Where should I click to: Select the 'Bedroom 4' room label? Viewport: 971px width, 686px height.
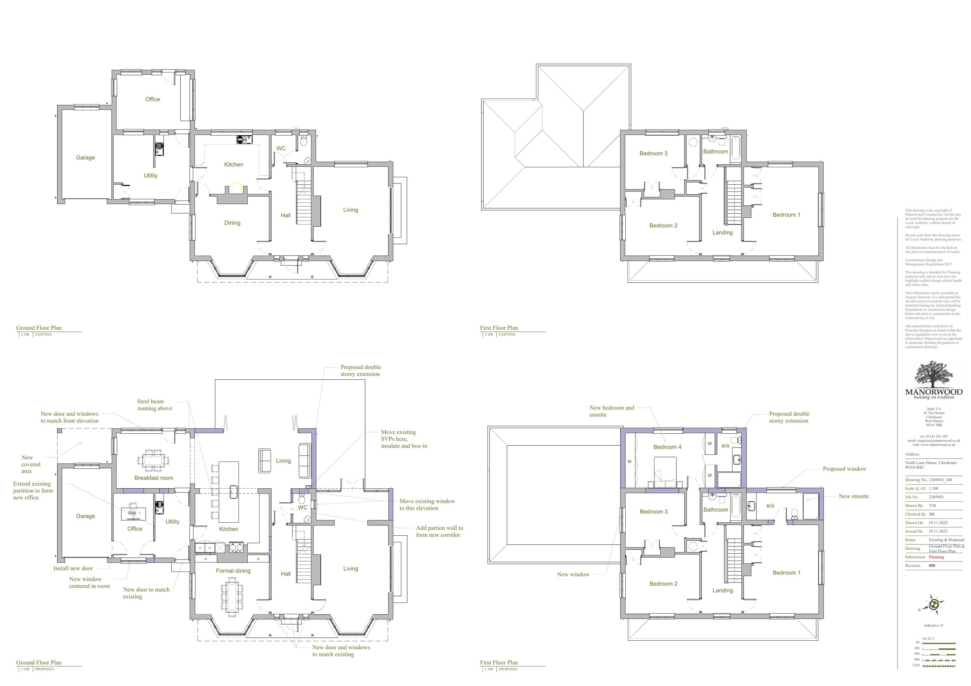(x=667, y=447)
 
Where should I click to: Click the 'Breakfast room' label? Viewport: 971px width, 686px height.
(x=153, y=478)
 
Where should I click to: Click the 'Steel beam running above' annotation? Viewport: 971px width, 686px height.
(x=154, y=405)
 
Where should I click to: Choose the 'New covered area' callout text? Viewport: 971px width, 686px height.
(x=30, y=464)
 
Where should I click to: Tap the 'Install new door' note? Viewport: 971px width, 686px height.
(x=73, y=569)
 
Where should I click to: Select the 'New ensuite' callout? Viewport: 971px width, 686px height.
(x=854, y=496)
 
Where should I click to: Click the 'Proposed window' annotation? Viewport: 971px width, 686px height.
(x=844, y=469)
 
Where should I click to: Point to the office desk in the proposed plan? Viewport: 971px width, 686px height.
(x=134, y=513)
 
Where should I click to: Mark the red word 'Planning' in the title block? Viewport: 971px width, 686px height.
(x=936, y=557)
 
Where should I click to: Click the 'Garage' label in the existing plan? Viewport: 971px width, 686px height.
(x=85, y=158)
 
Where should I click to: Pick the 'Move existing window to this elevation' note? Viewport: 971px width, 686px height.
(x=427, y=505)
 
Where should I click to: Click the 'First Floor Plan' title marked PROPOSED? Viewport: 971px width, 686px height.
(x=499, y=662)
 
